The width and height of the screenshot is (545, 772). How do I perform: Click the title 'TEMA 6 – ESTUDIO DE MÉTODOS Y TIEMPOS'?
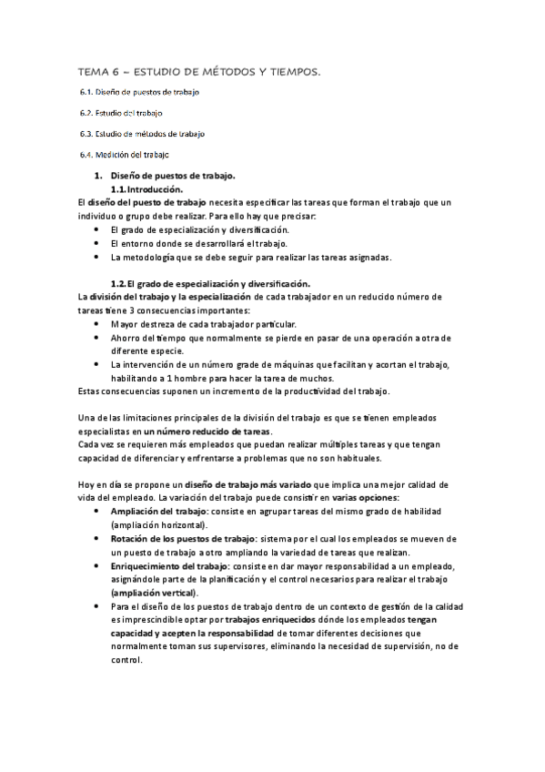[x=199, y=71]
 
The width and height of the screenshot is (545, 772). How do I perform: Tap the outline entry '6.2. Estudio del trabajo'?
[x=122, y=113]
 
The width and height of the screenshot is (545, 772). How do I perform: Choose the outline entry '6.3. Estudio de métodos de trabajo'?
[x=142, y=133]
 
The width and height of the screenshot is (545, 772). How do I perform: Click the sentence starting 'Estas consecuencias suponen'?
[x=221, y=391]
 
